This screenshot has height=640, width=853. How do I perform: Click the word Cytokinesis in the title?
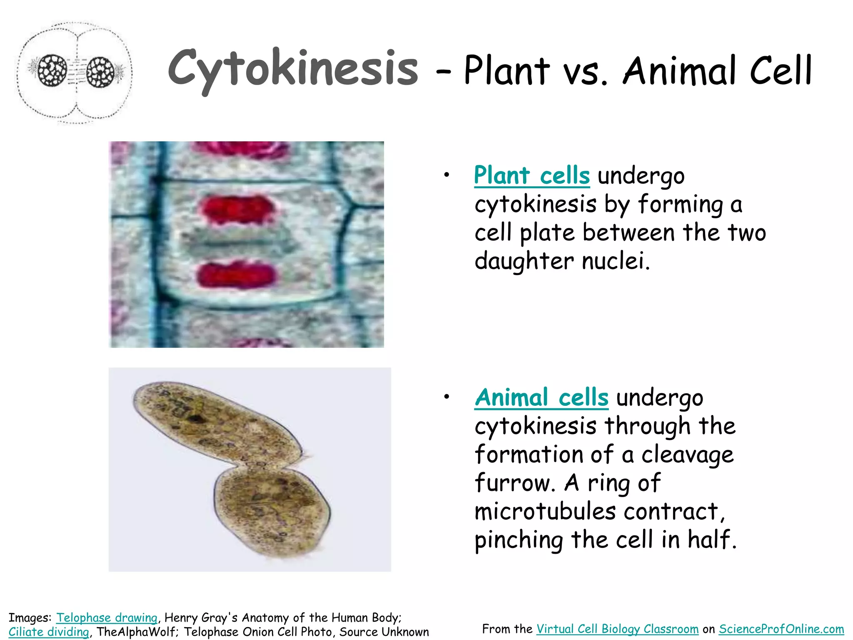point(293,69)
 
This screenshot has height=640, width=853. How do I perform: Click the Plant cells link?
point(532,175)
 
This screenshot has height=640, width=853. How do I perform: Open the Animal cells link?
point(541,397)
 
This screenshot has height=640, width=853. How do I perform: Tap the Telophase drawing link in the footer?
point(107,617)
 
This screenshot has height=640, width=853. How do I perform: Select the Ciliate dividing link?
point(49,632)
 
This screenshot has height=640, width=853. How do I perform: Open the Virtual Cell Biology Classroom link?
point(617,629)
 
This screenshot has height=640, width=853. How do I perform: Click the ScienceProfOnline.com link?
point(781,629)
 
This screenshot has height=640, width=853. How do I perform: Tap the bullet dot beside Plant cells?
point(446,175)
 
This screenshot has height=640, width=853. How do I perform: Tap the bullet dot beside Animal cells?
point(446,397)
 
